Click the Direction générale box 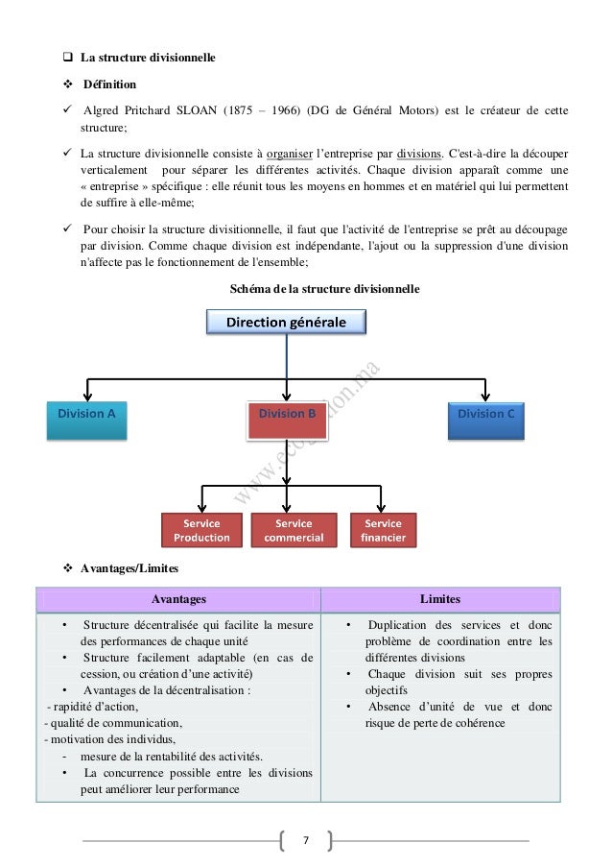287,323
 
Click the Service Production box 201,530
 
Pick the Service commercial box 294,530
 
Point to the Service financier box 384,530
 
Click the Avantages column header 180,599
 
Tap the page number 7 305,841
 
